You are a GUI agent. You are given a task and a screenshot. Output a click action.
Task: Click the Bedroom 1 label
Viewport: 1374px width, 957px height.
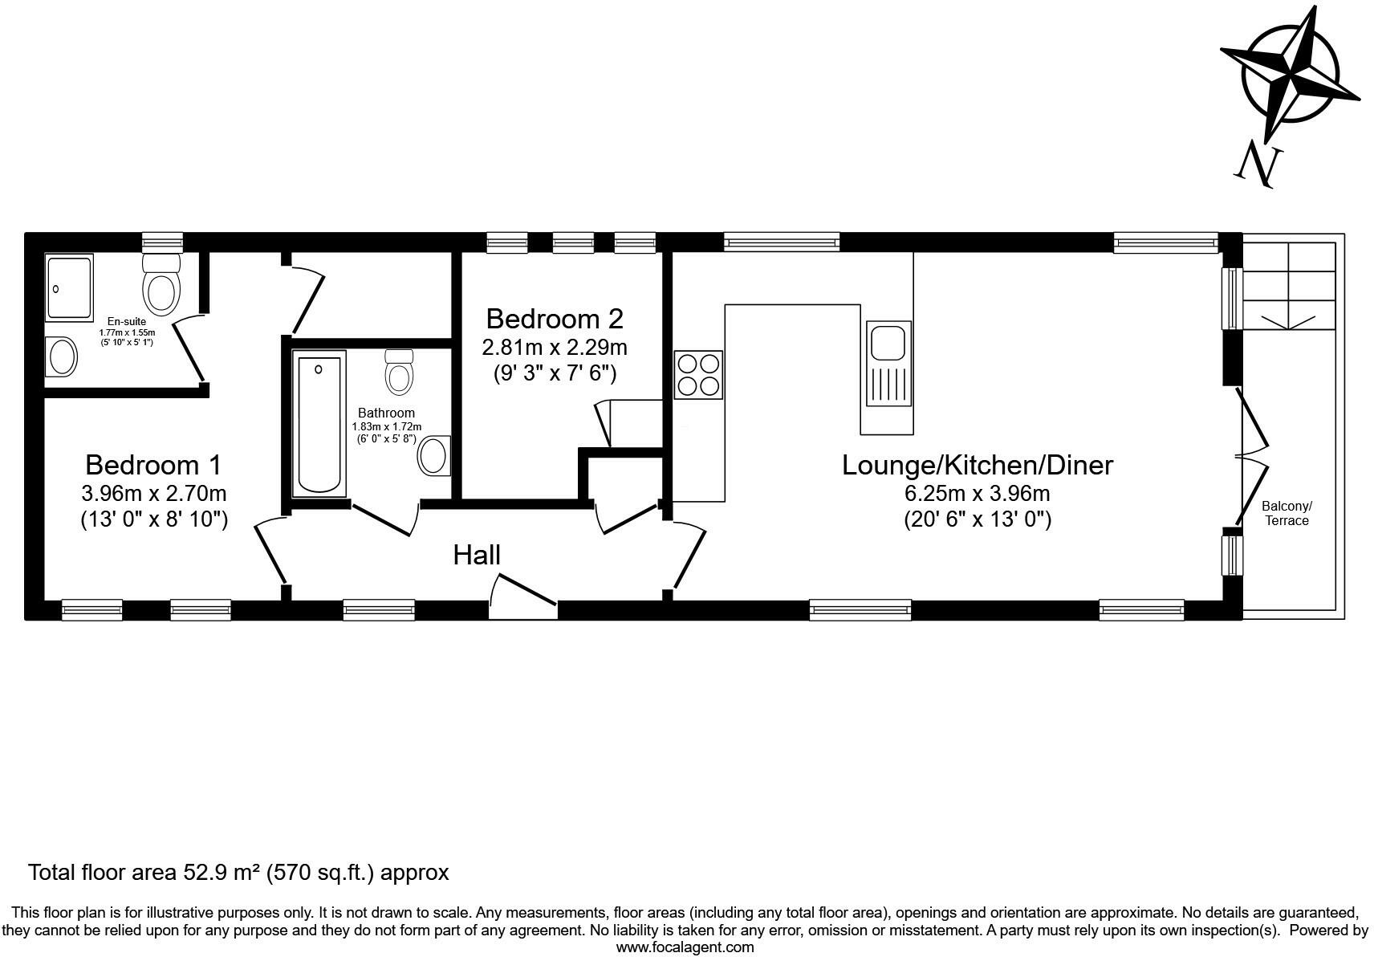[x=153, y=465]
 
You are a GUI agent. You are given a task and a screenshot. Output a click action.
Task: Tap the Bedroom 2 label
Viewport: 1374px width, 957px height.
[x=555, y=319]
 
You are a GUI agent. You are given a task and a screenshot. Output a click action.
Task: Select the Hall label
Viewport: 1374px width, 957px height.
[x=477, y=555]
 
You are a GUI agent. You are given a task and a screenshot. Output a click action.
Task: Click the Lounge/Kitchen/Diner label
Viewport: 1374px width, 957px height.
[x=978, y=465]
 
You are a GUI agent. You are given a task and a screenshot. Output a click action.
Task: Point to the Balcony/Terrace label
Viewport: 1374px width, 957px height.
[x=1287, y=513]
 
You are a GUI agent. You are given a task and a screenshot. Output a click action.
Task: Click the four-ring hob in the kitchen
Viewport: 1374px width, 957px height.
[x=698, y=375]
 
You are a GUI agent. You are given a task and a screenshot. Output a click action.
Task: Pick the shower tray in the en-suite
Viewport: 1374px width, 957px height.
[x=69, y=287]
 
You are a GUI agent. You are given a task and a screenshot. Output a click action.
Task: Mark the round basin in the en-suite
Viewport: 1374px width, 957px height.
[x=62, y=356]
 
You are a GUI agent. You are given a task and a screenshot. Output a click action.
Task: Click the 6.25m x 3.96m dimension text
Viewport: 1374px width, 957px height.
[x=978, y=494]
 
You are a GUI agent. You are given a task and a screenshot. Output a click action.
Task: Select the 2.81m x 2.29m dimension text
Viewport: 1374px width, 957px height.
[x=555, y=348]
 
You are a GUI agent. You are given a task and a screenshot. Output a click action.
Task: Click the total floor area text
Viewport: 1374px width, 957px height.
[x=238, y=873]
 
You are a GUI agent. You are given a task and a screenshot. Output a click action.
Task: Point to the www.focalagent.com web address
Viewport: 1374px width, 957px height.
[x=685, y=947]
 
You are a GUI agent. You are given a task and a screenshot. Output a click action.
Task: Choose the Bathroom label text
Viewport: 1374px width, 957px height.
[x=386, y=413]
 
